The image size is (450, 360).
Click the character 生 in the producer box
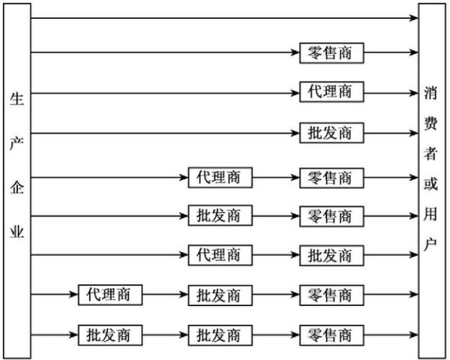click(x=16, y=99)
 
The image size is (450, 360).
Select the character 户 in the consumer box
click(x=430, y=244)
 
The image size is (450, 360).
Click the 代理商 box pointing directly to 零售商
click(x=220, y=178)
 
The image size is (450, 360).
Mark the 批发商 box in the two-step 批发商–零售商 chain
click(x=220, y=216)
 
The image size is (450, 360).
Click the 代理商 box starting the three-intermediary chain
click(x=109, y=295)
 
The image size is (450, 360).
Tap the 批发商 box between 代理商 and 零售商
click(x=220, y=295)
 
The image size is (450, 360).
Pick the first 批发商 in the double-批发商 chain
click(x=109, y=334)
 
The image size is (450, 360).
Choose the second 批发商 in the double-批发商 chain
click(x=220, y=334)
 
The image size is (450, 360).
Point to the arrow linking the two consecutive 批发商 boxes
click(x=164, y=334)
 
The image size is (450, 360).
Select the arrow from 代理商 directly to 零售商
click(x=275, y=178)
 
